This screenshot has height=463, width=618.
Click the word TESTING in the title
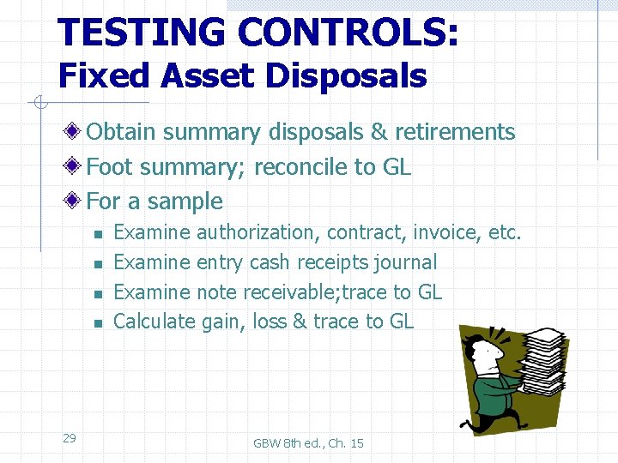click(x=142, y=33)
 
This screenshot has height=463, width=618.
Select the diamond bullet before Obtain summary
click(x=76, y=132)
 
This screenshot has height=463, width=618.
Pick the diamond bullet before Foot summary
click(x=76, y=167)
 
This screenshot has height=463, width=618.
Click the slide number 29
click(x=70, y=438)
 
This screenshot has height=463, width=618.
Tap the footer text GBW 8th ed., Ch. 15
click(x=308, y=443)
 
